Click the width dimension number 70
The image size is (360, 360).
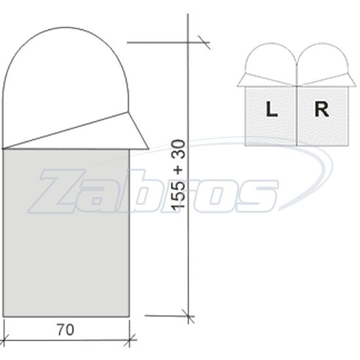point(65,330)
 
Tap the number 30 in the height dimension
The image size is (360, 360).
point(179,149)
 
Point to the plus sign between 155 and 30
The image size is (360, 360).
point(179,170)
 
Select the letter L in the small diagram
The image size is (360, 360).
point(272,109)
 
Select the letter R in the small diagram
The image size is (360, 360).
point(321,109)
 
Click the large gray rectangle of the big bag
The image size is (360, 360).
point(66,233)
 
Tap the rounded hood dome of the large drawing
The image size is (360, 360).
point(65,27)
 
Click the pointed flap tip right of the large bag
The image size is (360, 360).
point(149,149)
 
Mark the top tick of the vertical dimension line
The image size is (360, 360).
point(204,43)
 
